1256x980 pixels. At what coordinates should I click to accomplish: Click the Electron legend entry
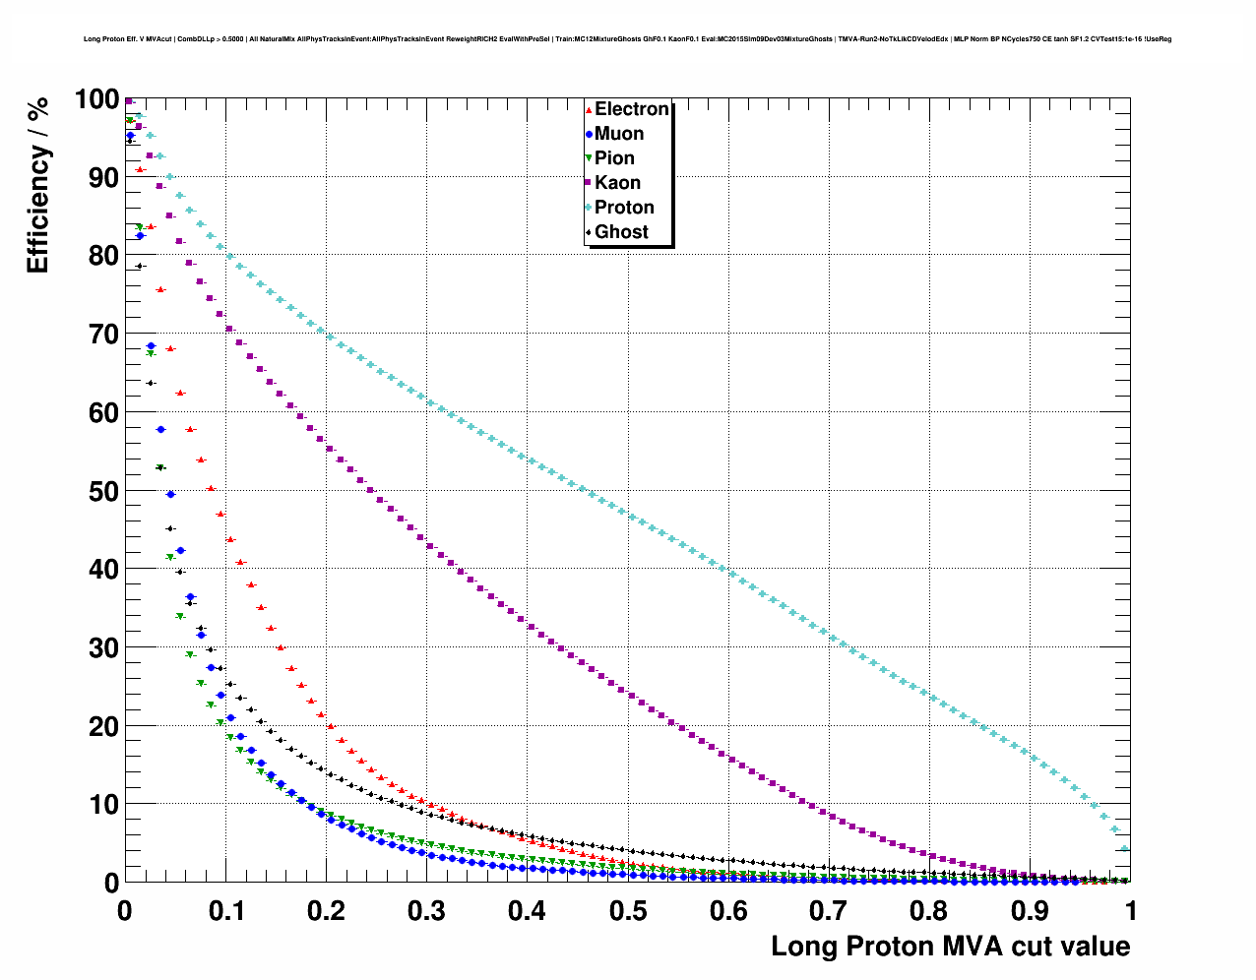[x=631, y=109]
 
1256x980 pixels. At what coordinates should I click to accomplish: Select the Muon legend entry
[x=618, y=134]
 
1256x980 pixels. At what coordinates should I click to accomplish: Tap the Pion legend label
[x=614, y=158]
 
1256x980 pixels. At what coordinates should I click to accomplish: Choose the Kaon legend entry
[x=617, y=183]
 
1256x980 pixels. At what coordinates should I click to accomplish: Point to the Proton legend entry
[x=624, y=208]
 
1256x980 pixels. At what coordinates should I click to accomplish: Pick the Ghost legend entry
[x=621, y=232]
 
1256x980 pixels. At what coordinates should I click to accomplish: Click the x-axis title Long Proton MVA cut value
[x=950, y=947]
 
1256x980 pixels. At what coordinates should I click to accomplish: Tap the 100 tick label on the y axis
[x=95, y=99]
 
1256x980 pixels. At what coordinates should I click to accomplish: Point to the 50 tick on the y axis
[x=102, y=491]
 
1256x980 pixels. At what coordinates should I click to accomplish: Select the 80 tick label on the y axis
[x=102, y=256]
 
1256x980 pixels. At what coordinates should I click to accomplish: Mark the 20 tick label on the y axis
[x=102, y=726]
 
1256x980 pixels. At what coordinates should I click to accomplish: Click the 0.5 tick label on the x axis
[x=628, y=911]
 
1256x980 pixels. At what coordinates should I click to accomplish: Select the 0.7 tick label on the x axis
[x=830, y=911]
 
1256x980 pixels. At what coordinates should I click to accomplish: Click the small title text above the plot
[x=627, y=39]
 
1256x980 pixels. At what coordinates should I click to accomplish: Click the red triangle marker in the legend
[x=589, y=109]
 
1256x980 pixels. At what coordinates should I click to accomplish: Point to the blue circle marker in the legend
[x=589, y=134]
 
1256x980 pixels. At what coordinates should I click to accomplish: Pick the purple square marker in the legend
[x=589, y=183]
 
